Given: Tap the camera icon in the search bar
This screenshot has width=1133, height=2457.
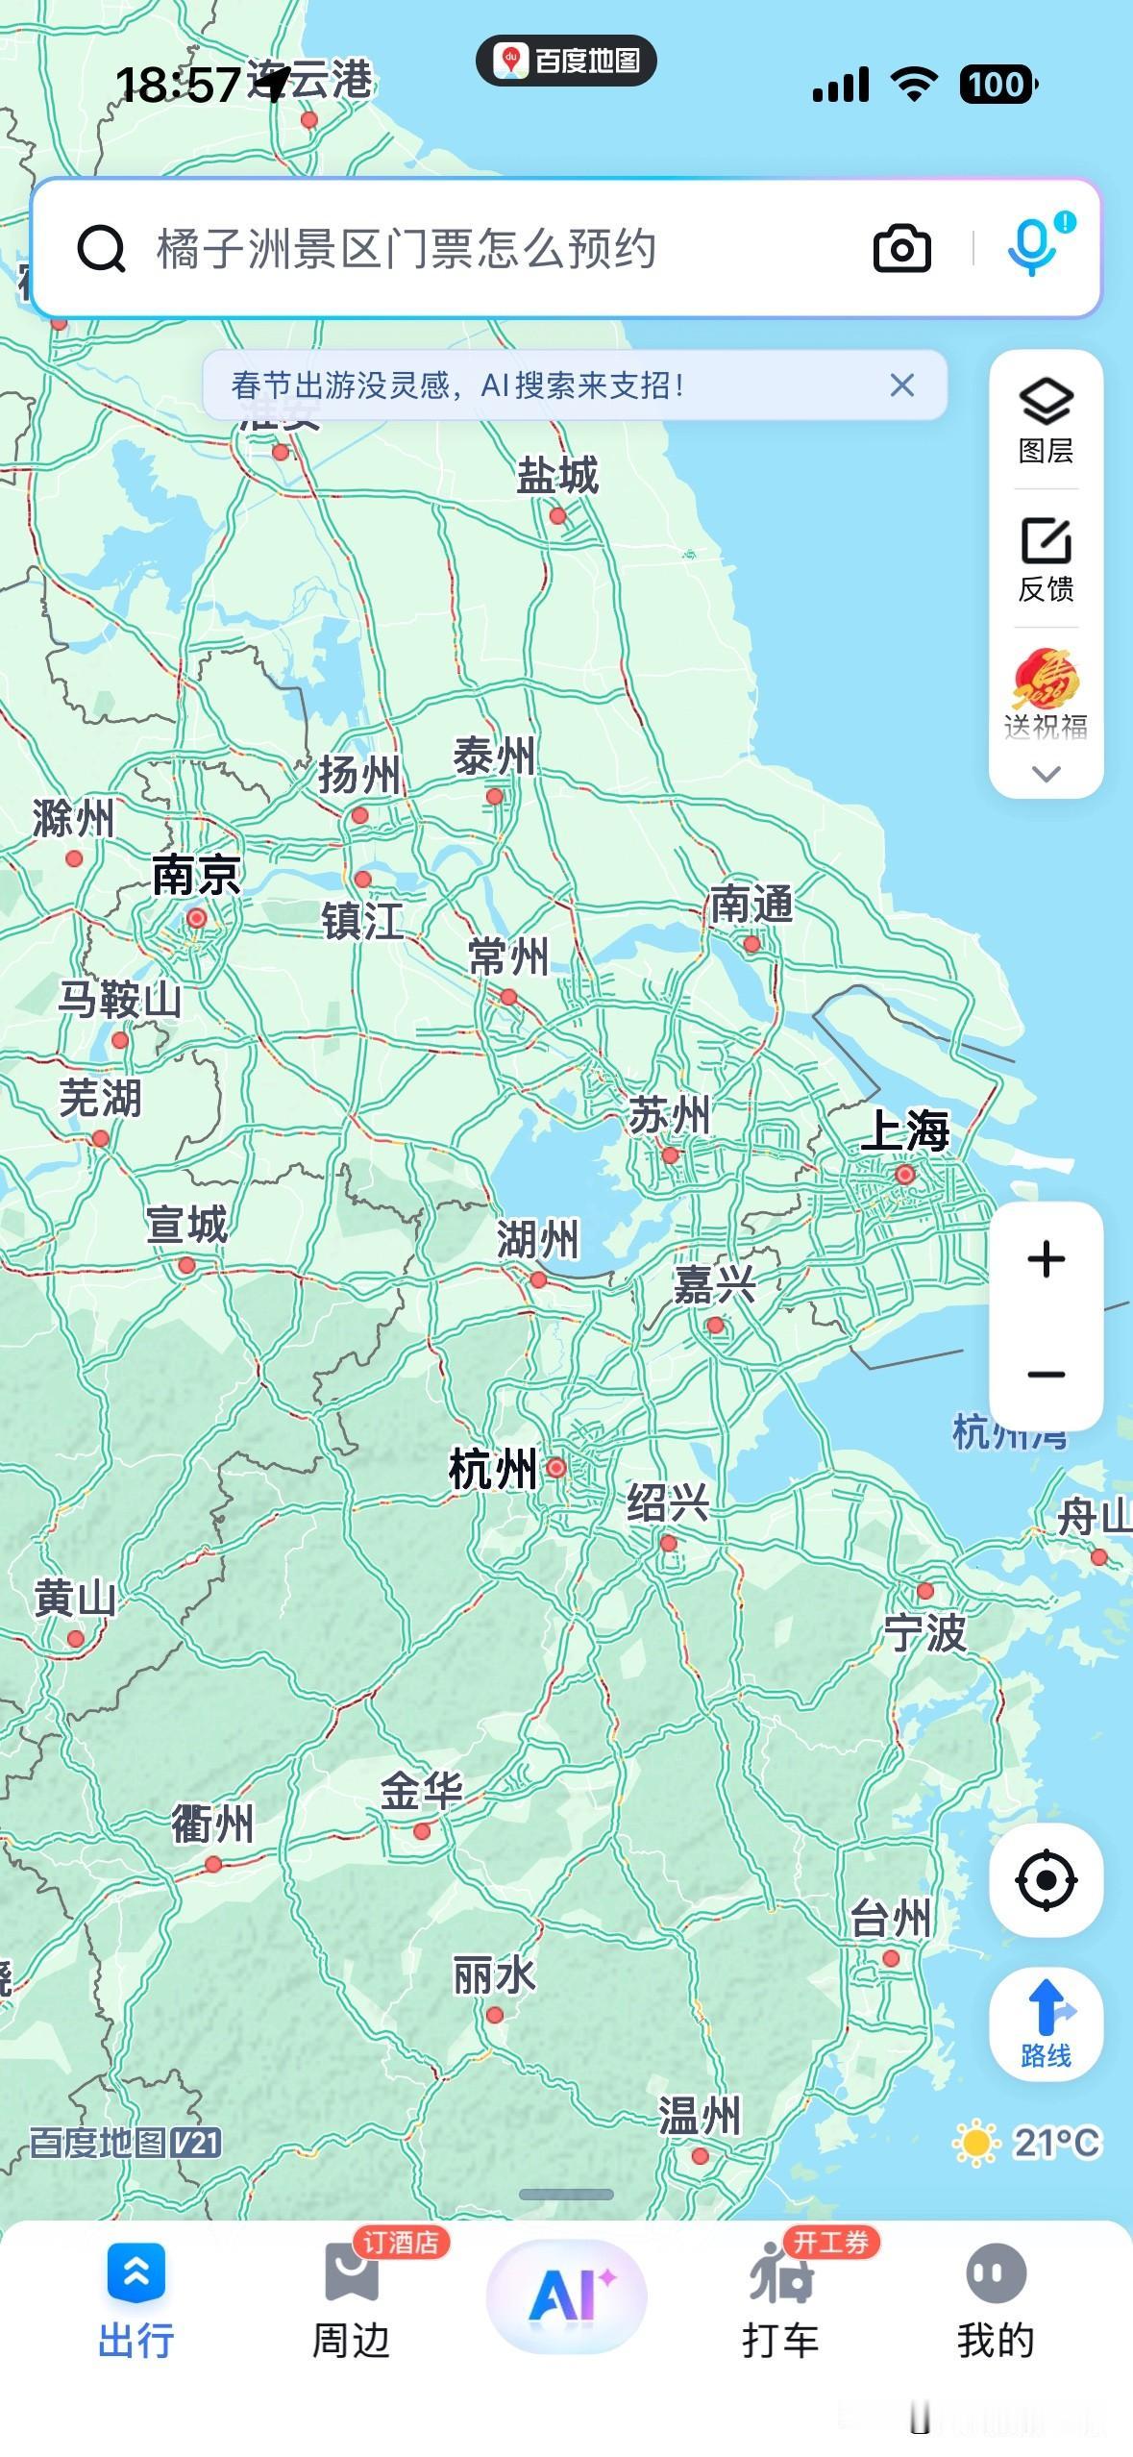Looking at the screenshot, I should [x=901, y=249].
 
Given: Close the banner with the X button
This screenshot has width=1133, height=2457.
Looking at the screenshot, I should [x=901, y=385].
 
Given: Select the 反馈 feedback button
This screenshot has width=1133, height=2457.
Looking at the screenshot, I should [x=1046, y=558].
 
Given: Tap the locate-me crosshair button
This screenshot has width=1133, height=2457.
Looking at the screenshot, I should [x=1046, y=1879].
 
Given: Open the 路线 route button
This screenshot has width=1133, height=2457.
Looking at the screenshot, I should [x=1046, y=2023].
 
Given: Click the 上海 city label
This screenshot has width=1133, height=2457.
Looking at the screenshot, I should [x=904, y=1130].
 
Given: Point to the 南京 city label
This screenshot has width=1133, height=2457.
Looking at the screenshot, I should [x=196, y=875].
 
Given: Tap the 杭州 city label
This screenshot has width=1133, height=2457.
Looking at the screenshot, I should [x=493, y=1470].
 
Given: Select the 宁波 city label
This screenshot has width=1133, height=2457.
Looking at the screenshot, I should [x=924, y=1633].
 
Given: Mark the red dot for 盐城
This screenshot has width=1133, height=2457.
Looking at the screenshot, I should [x=557, y=516].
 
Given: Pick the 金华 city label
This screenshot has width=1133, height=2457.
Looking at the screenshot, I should [x=421, y=1791].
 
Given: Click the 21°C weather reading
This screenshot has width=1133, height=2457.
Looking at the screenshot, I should [x=1055, y=2142].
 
